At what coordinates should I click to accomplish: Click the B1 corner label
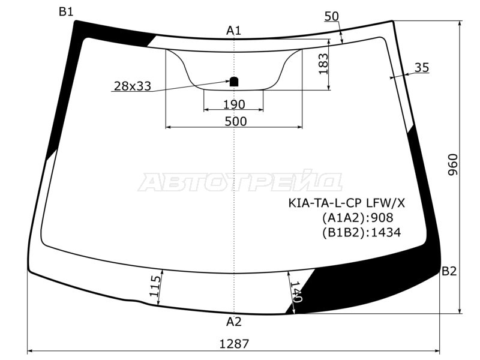[66, 12]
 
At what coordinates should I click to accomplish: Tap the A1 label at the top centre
[233, 31]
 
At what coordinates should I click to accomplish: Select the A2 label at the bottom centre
[234, 322]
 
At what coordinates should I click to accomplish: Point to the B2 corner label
[449, 271]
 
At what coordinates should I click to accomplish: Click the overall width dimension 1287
[234, 344]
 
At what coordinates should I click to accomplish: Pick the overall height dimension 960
[453, 164]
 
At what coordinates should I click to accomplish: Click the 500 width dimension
[235, 122]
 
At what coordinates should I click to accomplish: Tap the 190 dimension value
[234, 104]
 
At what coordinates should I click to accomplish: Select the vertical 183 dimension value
[323, 64]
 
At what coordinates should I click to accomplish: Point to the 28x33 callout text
[132, 86]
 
